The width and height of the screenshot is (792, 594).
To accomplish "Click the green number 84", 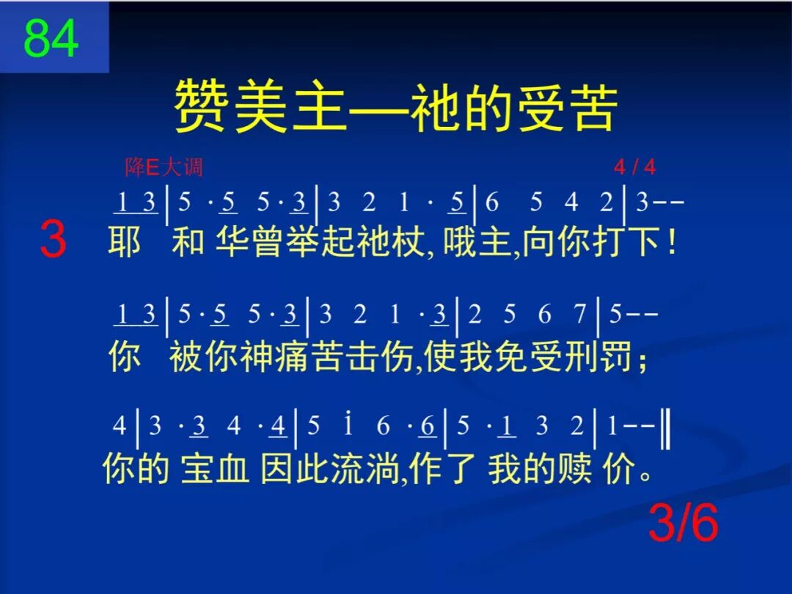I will click(51, 38).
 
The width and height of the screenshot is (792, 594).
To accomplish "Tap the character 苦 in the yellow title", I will click(592, 107).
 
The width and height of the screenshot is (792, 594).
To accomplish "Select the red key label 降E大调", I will click(164, 168).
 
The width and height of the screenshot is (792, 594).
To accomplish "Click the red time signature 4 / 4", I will click(635, 168).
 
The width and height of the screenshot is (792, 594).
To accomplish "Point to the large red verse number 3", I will click(53, 241).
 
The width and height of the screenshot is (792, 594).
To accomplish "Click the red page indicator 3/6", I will click(683, 524).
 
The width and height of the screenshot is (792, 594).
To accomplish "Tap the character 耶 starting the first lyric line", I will click(125, 243).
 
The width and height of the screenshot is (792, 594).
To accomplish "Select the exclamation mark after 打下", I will click(672, 243).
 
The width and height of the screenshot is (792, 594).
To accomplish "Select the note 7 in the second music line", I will click(579, 315).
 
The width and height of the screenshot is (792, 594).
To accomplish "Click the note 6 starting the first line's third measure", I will click(492, 202).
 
